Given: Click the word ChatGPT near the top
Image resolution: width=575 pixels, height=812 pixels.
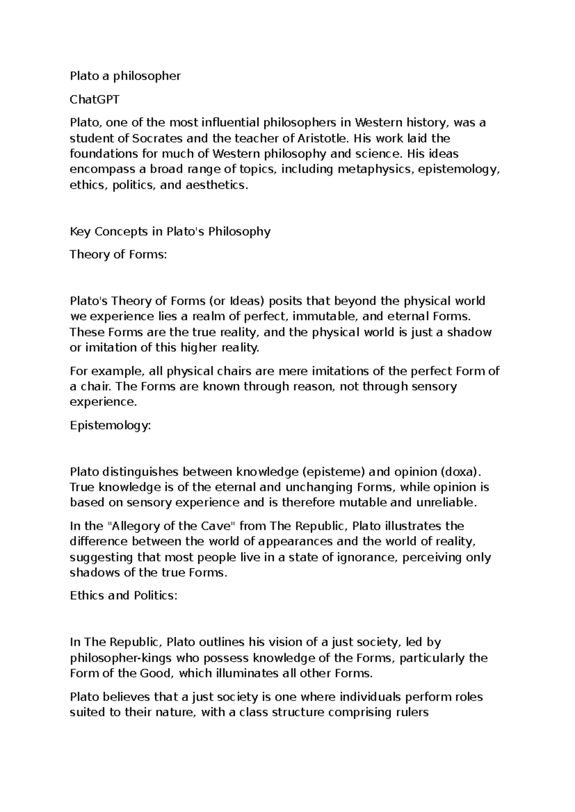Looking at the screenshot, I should [x=95, y=100].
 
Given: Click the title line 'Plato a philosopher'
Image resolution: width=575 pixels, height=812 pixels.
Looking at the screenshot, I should [x=125, y=76].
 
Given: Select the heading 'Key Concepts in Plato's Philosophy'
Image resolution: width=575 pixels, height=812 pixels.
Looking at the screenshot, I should [x=170, y=232].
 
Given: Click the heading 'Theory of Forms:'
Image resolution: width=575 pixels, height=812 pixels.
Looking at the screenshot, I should [x=118, y=254].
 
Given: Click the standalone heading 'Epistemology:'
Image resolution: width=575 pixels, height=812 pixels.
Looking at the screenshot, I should [x=110, y=425].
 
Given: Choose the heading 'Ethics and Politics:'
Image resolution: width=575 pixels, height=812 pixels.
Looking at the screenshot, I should [x=124, y=596].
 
